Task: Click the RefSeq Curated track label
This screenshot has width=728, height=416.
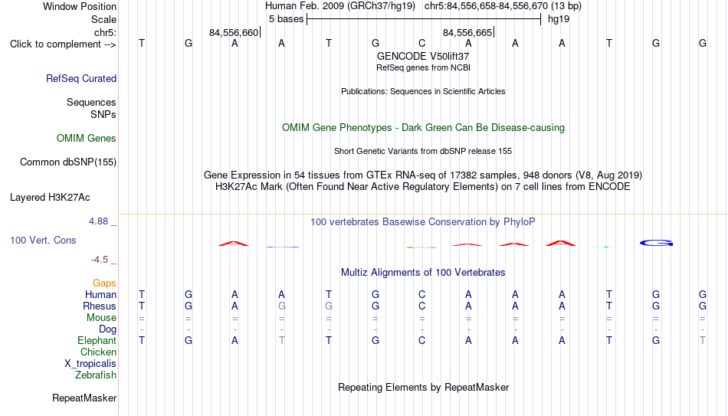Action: tap(81, 78)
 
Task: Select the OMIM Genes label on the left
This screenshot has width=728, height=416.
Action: tap(87, 139)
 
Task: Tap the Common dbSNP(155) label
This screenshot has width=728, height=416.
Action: tap(68, 162)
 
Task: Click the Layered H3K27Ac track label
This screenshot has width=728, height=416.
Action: tap(50, 198)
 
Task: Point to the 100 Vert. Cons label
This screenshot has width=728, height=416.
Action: tap(43, 240)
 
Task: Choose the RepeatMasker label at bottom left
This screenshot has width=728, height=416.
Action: tap(84, 398)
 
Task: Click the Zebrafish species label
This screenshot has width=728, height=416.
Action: tap(96, 375)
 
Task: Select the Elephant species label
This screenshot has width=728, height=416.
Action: tap(97, 340)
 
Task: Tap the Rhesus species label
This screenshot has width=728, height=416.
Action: tap(100, 306)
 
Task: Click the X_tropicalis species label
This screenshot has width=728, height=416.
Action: tap(90, 364)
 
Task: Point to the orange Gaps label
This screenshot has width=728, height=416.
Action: tap(104, 283)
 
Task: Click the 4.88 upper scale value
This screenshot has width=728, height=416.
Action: tap(98, 221)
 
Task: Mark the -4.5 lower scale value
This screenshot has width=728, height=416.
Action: tap(100, 260)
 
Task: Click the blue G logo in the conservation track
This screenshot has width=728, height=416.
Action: tap(656, 243)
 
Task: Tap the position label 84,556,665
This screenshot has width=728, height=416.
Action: tap(467, 32)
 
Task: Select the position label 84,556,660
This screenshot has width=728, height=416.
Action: tap(234, 32)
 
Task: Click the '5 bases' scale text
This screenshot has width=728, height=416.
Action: tap(286, 19)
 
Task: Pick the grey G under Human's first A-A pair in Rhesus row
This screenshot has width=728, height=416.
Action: tap(282, 306)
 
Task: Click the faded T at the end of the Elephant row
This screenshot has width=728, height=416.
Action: tap(703, 340)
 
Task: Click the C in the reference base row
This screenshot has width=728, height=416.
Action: tap(421, 43)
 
